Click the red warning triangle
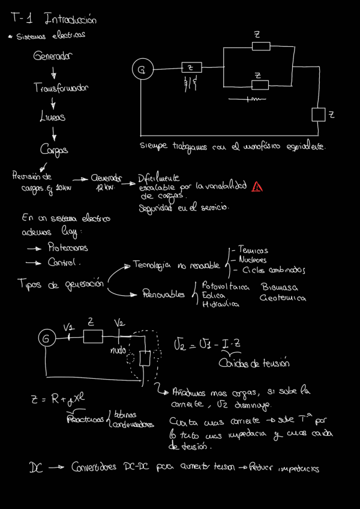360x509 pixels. pyautogui.click(x=257, y=187)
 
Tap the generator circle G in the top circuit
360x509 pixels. pyautogui.click(x=142, y=71)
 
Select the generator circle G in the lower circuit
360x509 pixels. pyautogui.click(x=46, y=339)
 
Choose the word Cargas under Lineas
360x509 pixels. pyautogui.click(x=54, y=149)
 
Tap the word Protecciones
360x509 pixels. pyautogui.click(x=67, y=247)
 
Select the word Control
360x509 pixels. pyautogui.click(x=65, y=262)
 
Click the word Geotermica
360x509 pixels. pyautogui.click(x=283, y=298)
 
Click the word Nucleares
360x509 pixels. pyautogui.click(x=253, y=260)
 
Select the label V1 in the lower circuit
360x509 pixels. pyautogui.click(x=68, y=327)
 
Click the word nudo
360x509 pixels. pyautogui.click(x=119, y=349)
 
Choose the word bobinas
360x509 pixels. pyautogui.click(x=125, y=414)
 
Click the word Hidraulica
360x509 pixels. pyautogui.click(x=221, y=305)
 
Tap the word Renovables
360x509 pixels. pyautogui.click(x=163, y=294)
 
